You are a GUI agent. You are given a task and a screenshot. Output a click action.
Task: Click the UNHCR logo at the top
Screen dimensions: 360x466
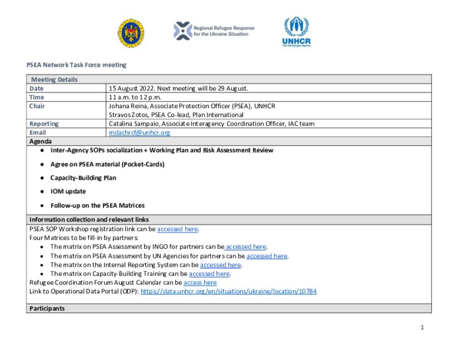click(296, 32)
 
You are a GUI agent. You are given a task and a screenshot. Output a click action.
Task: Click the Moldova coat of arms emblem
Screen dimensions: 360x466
click(131, 33)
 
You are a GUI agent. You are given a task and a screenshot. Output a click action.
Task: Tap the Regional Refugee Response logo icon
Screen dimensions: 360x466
click(182, 31)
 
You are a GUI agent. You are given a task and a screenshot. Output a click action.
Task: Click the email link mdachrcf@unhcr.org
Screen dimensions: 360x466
click(139, 133)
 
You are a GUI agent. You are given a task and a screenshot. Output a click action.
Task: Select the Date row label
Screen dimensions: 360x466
click(37, 88)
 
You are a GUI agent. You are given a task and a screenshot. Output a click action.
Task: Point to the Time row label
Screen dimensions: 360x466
click(37, 97)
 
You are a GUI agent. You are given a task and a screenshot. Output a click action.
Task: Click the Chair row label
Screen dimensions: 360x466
click(37, 106)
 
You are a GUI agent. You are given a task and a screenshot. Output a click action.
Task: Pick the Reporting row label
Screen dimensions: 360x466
click(44, 124)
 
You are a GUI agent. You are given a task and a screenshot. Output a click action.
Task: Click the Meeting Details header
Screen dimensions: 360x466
click(54, 80)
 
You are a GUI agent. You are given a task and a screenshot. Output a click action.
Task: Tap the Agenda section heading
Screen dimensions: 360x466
click(41, 142)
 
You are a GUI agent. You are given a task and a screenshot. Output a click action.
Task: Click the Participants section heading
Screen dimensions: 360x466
click(47, 309)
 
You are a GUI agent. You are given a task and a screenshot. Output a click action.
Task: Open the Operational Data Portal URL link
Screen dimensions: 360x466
click(228, 291)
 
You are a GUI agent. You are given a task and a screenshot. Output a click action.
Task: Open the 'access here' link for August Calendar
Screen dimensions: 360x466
click(200, 283)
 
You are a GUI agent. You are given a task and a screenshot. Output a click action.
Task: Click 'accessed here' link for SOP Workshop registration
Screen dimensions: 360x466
click(177, 229)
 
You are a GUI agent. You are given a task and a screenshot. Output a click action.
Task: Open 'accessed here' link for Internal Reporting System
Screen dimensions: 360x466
click(220, 265)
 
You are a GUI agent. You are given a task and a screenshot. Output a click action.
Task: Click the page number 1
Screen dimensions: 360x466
click(422, 327)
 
